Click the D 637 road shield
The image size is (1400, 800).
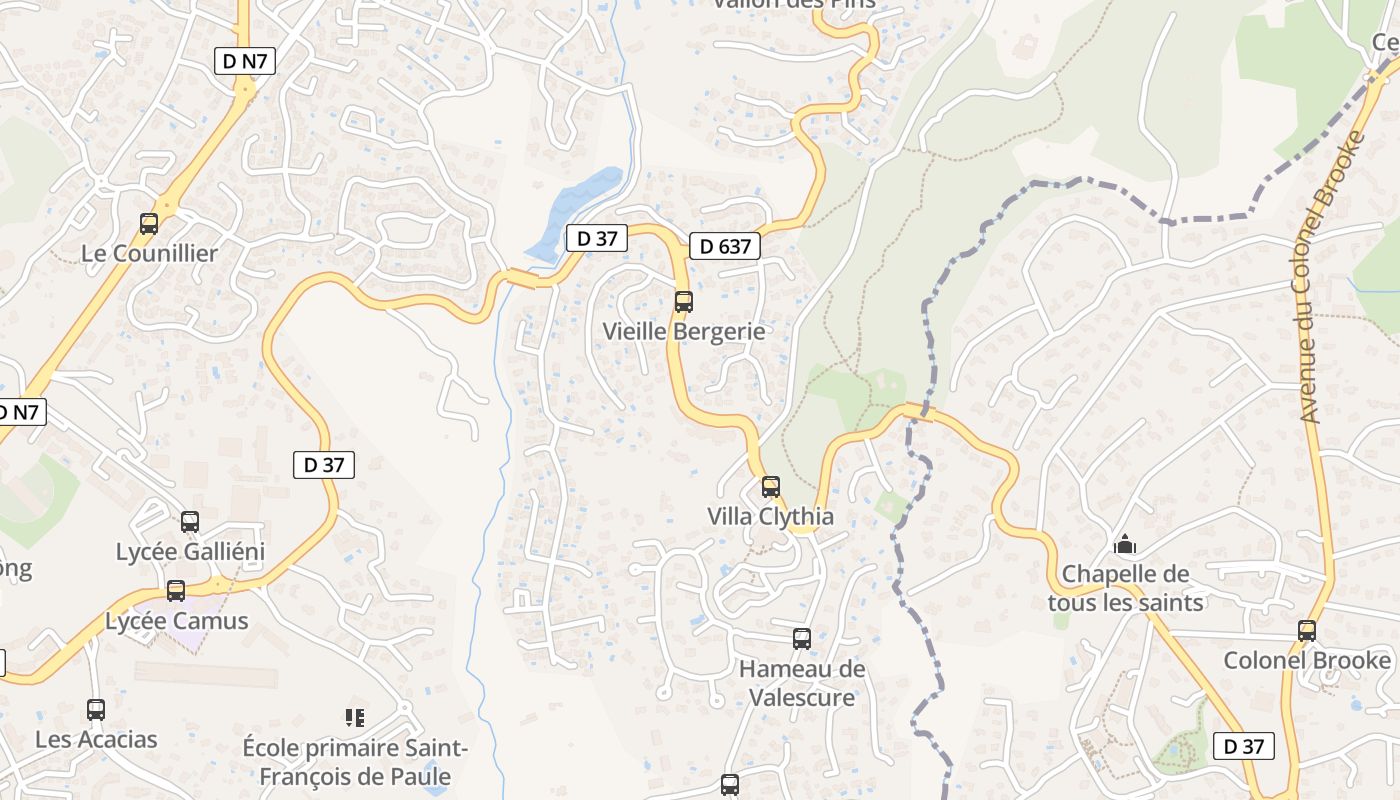click(725, 246)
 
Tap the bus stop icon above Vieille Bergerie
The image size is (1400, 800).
click(684, 301)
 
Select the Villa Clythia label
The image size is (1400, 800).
click(770, 517)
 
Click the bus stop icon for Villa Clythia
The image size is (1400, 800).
click(770, 487)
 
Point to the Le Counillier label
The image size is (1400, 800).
click(149, 253)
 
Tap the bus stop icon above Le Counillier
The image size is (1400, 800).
click(149, 224)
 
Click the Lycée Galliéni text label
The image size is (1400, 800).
click(190, 552)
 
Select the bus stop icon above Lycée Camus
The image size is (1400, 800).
click(176, 591)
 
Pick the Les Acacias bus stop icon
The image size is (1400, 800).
click(96, 710)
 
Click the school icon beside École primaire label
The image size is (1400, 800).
click(354, 717)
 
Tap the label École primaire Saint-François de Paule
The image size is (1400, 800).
click(354, 762)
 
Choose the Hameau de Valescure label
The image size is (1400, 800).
click(802, 683)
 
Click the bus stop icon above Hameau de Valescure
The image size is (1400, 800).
click(802, 638)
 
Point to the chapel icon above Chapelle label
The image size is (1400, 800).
click(1125, 545)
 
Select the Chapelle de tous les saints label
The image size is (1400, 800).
click(1125, 588)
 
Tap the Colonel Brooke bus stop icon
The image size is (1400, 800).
click(1307, 631)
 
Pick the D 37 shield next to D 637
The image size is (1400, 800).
click(596, 238)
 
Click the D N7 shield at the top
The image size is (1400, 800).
click(245, 61)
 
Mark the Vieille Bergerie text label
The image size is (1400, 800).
click(684, 331)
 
